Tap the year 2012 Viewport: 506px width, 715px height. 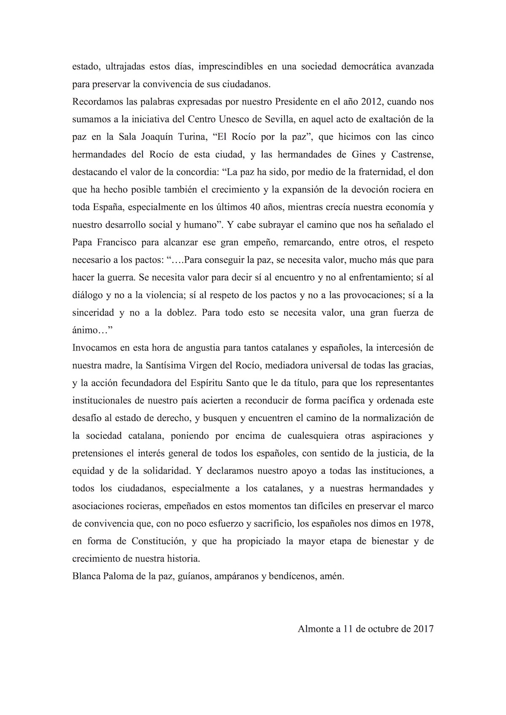coord(371,102)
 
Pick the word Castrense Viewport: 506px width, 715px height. coord(412,155)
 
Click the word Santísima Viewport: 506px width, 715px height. coord(166,365)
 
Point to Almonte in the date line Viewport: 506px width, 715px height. coord(315,629)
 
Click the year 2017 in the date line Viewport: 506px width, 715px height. coord(423,629)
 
